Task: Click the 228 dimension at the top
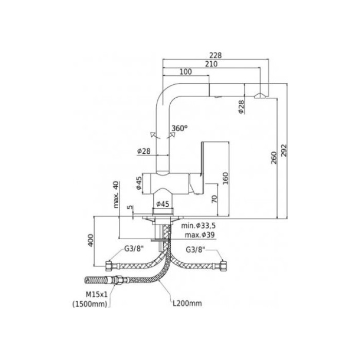click(x=217, y=55)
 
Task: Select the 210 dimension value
click(x=211, y=64)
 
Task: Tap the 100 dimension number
click(x=186, y=73)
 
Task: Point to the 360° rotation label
click(x=180, y=128)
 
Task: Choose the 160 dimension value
click(x=225, y=177)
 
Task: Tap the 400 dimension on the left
click(x=91, y=240)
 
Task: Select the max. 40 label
click(x=116, y=194)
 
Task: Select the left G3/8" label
click(x=134, y=249)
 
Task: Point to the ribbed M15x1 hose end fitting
click(x=96, y=281)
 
